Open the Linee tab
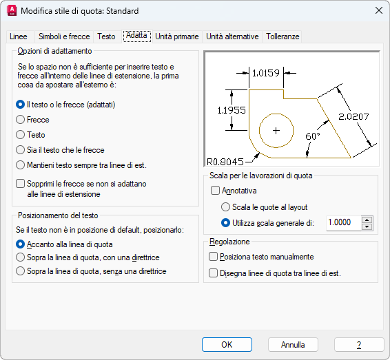click(19, 36)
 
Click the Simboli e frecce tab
click(64, 36)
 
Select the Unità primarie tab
click(177, 36)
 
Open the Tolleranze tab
click(283, 36)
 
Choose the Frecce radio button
click(21, 120)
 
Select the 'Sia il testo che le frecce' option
click(21, 150)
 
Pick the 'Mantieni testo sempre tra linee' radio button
click(21, 165)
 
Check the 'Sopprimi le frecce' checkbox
click(21, 184)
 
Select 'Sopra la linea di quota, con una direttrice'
click(21, 257)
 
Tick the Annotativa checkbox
click(215, 191)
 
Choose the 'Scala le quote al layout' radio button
click(225, 207)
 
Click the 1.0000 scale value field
click(344, 222)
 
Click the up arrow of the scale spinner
click(367, 220)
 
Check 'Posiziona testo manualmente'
click(213, 257)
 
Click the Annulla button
click(293, 345)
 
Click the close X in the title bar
click(379, 11)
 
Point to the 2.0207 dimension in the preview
click(353, 116)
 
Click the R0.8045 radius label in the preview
click(225, 162)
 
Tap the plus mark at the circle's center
click(276, 131)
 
